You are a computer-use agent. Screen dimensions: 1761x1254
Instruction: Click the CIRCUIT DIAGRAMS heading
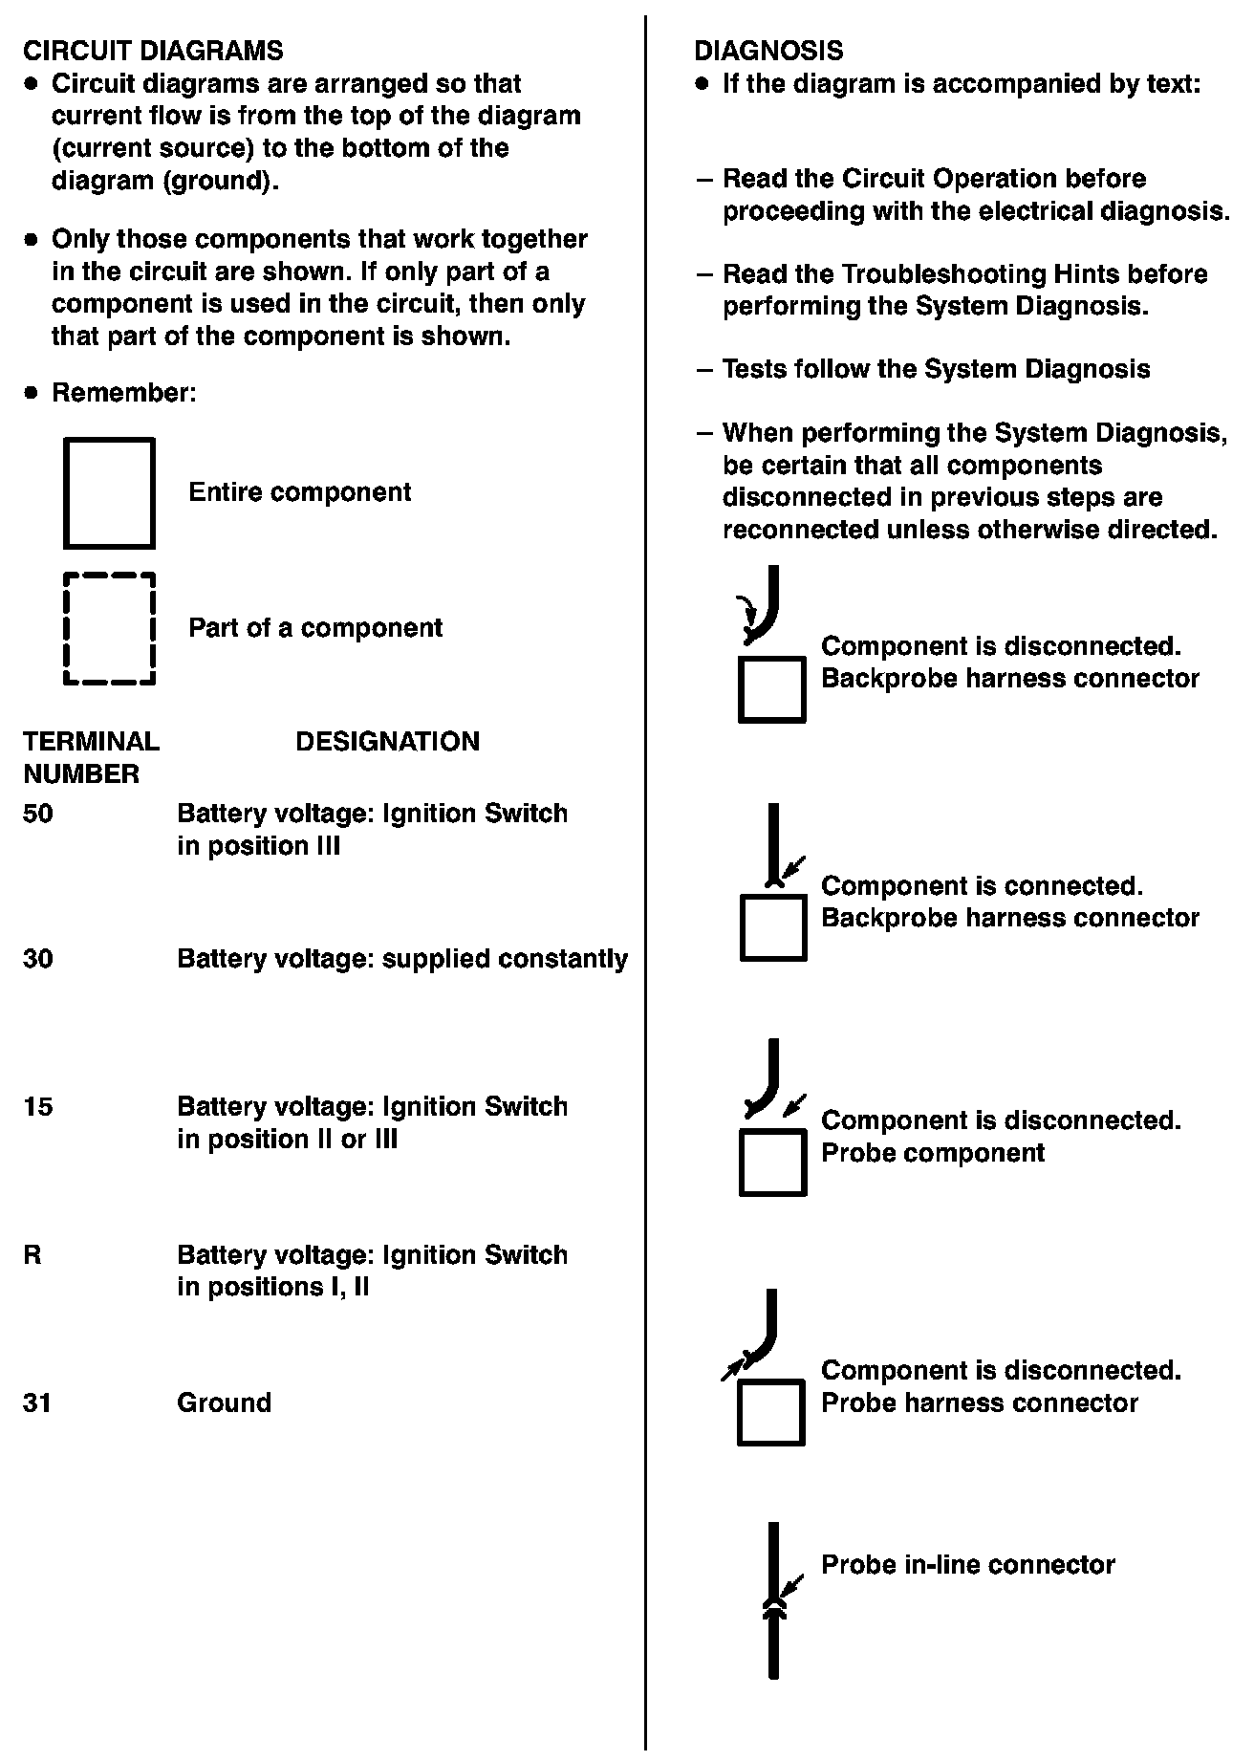pyautogui.click(x=153, y=51)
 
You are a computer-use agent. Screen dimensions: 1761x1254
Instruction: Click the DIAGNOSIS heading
pyautogui.click(x=768, y=51)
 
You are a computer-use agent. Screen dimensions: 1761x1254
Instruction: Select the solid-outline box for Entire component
pyautogui.click(x=109, y=493)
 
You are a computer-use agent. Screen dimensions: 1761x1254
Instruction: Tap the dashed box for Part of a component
pyautogui.click(x=109, y=629)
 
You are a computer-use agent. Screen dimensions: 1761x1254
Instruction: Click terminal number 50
pyautogui.click(x=38, y=814)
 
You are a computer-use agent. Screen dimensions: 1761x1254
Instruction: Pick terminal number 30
pyautogui.click(x=38, y=959)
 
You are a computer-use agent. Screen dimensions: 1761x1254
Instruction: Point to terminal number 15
pyautogui.click(x=38, y=1107)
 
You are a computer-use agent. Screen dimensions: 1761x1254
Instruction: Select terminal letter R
pyautogui.click(x=32, y=1255)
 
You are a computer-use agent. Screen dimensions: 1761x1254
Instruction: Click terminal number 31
pyautogui.click(x=37, y=1403)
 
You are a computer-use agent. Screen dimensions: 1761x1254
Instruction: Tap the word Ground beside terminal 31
pyautogui.click(x=224, y=1403)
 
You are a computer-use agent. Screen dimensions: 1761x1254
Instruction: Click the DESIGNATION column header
pyautogui.click(x=387, y=742)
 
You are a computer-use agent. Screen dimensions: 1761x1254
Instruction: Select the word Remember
pyautogui.click(x=123, y=393)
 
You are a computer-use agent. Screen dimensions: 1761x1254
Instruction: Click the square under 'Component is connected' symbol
pyautogui.click(x=773, y=927)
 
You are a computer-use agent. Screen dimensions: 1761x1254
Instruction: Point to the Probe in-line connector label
pyautogui.click(x=967, y=1565)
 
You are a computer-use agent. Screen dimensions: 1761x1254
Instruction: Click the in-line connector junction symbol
pyautogui.click(x=773, y=1608)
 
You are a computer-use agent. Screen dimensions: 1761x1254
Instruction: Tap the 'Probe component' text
pyautogui.click(x=932, y=1153)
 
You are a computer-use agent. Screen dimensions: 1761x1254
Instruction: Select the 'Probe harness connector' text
pyautogui.click(x=979, y=1403)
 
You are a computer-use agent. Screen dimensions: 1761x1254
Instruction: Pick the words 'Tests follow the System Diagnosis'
pyautogui.click(x=936, y=369)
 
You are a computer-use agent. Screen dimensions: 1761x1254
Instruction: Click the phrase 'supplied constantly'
pyautogui.click(x=505, y=959)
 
